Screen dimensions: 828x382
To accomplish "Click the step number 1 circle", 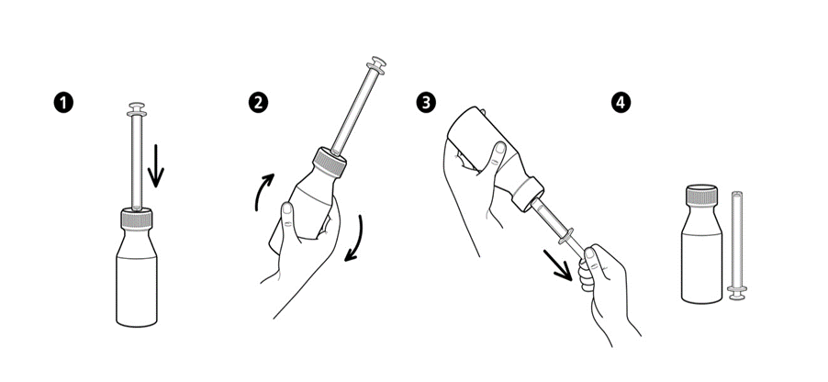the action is (63, 103).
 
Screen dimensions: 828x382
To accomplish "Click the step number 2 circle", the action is (258, 103).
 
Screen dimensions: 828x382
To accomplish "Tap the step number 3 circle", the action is (426, 103).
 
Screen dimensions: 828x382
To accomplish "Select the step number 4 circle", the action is (621, 103).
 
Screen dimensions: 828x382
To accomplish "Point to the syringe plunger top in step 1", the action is (137, 109).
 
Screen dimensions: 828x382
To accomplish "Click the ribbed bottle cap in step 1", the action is (137, 219).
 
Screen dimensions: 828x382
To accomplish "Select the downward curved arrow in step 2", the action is (355, 239).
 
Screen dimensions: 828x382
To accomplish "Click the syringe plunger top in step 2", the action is (377, 65).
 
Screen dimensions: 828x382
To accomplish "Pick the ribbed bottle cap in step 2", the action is (330, 162).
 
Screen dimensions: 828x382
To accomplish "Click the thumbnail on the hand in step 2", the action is (288, 209).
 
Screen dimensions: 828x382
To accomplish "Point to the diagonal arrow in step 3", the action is (558, 265).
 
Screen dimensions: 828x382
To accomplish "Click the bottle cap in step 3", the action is (528, 195).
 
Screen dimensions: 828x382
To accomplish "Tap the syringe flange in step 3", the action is (565, 236).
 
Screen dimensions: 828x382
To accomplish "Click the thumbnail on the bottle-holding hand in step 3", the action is (499, 150).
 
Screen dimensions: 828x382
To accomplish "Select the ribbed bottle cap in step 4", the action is (701, 195).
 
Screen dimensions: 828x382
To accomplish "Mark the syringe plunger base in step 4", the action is (737, 293).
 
